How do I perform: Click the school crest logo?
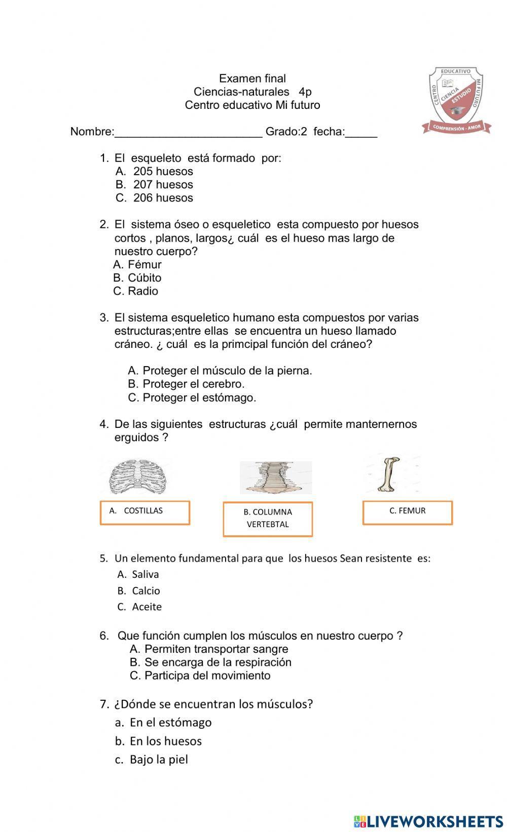(x=457, y=101)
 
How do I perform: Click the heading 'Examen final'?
(x=252, y=78)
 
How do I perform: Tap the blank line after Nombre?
(x=189, y=133)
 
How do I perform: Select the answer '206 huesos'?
(x=163, y=198)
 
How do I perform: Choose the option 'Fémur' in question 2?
(x=144, y=265)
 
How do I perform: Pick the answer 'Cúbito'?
(x=144, y=278)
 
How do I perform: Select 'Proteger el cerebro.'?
(x=193, y=384)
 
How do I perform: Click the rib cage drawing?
(x=139, y=477)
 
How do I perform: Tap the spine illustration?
(x=275, y=478)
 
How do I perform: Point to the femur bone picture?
(x=388, y=474)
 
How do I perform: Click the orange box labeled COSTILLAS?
(x=144, y=512)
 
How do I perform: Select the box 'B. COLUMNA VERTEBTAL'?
(x=268, y=519)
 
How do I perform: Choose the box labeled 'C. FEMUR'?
(x=407, y=512)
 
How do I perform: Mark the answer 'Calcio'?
(x=146, y=591)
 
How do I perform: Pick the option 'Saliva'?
(x=145, y=575)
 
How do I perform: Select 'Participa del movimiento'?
(x=207, y=676)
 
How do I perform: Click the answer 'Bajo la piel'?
(x=158, y=760)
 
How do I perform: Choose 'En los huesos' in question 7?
(x=165, y=741)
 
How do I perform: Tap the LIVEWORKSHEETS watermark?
(x=428, y=821)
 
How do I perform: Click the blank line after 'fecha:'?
(x=361, y=133)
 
